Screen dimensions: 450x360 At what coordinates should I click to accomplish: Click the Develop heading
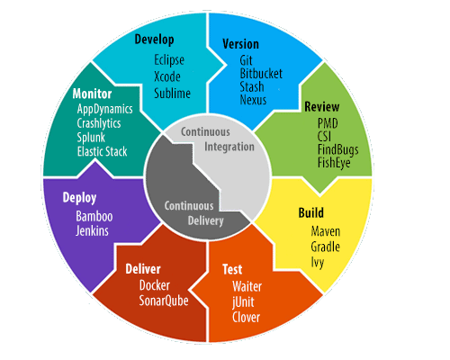click(x=154, y=40)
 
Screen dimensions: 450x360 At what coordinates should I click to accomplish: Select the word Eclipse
click(x=169, y=60)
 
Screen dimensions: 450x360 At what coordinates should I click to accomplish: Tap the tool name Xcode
click(x=167, y=76)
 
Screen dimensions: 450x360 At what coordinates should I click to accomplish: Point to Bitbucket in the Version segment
click(x=261, y=74)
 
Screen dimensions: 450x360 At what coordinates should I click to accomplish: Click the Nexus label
click(x=253, y=100)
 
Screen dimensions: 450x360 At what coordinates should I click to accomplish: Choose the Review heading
click(x=322, y=107)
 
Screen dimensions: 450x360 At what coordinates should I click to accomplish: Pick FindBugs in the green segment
click(x=338, y=150)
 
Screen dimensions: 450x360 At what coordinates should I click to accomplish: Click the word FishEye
click(x=334, y=163)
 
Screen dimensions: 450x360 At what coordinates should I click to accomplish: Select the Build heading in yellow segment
click(x=311, y=212)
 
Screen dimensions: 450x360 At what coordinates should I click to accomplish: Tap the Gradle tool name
click(x=325, y=247)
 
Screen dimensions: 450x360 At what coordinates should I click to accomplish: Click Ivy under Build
click(x=318, y=263)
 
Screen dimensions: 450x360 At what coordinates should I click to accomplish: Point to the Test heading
click(x=232, y=269)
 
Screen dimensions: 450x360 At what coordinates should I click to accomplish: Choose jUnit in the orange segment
click(x=243, y=302)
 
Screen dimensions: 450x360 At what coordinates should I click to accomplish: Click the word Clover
click(x=246, y=318)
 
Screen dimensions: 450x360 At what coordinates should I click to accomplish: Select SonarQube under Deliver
click(x=164, y=301)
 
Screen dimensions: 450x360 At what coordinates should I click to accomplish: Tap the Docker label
click(x=155, y=285)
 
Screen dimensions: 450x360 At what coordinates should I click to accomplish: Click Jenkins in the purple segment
click(x=92, y=230)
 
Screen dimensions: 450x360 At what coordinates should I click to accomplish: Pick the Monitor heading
click(x=92, y=94)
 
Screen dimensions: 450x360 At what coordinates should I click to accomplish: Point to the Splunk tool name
click(x=91, y=138)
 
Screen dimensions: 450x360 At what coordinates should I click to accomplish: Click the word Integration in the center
click(x=229, y=147)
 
